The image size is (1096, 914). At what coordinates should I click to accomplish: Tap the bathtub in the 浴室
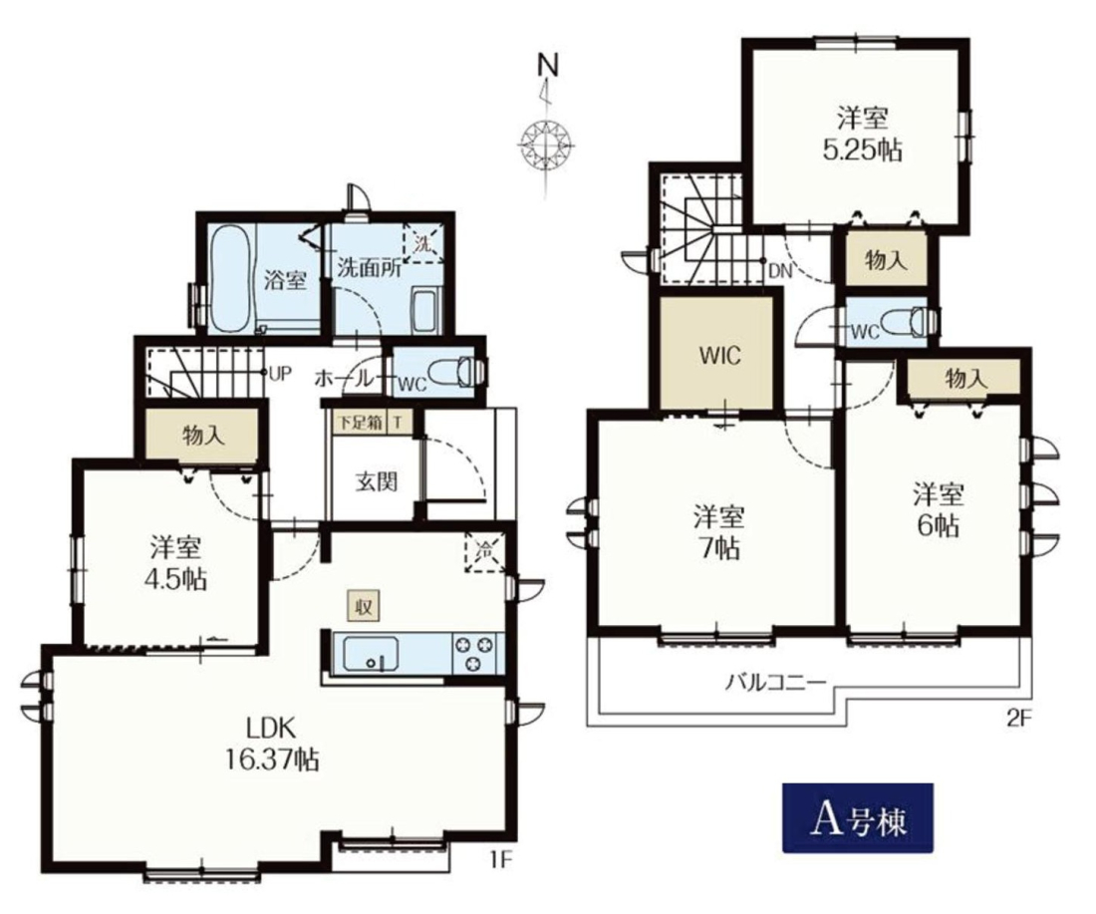pyautogui.click(x=230, y=280)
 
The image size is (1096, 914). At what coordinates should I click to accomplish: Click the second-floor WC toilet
pyautogui.click(x=903, y=323)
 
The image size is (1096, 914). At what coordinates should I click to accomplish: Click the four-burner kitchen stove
pyautogui.click(x=477, y=653)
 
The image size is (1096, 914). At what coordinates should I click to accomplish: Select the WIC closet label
pyautogui.click(x=719, y=355)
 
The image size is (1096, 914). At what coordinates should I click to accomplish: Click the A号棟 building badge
pyautogui.click(x=858, y=817)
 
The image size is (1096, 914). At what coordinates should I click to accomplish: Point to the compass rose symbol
pyautogui.click(x=547, y=145)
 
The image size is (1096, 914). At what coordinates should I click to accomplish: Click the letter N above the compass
pyautogui.click(x=548, y=66)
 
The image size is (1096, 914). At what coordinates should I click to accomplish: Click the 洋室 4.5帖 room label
pyautogui.click(x=177, y=563)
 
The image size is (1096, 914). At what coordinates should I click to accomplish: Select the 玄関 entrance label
pyautogui.click(x=376, y=481)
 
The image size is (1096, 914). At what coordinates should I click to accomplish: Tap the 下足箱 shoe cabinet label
pyautogui.click(x=360, y=423)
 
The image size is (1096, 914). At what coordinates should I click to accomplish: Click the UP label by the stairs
pyautogui.click(x=280, y=373)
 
